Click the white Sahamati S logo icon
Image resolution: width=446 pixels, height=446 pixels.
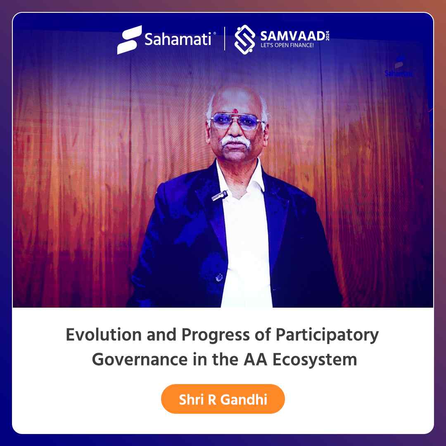[x=129, y=40]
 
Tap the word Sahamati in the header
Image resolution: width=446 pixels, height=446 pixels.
[x=178, y=39]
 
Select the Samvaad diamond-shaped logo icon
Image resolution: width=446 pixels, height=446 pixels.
[x=244, y=40]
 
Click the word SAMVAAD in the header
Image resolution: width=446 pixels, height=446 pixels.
[x=293, y=36]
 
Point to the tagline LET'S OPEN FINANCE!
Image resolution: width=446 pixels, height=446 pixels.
[x=287, y=45]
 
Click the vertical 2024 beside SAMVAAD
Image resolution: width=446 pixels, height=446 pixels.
[x=327, y=36]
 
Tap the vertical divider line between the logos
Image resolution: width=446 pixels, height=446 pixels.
[x=225, y=39]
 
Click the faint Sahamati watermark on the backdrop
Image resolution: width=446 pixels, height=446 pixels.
[x=399, y=67]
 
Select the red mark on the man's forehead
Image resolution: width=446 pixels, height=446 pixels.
[x=235, y=110]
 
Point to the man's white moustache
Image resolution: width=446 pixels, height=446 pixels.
[x=236, y=141]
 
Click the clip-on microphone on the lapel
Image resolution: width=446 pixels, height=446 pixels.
[x=220, y=196]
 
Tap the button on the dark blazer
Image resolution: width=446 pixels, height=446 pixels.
[x=219, y=278]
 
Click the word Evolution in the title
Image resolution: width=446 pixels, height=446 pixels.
[x=104, y=334]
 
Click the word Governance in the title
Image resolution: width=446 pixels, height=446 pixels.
[x=140, y=360]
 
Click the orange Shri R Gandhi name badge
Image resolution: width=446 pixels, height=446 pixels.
[x=223, y=399]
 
